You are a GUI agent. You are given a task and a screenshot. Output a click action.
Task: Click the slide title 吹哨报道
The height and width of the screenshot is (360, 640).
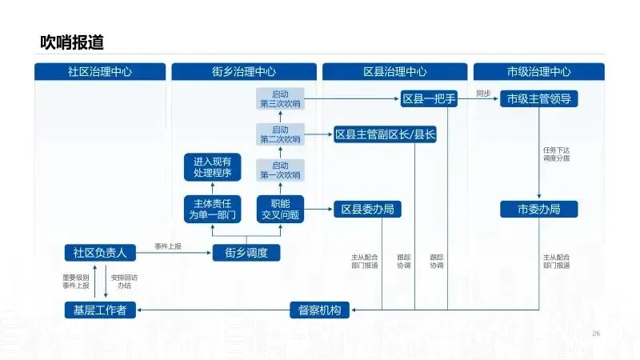tap(72, 42)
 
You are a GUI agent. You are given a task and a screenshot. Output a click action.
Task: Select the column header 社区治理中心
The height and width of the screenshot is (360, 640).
tap(100, 71)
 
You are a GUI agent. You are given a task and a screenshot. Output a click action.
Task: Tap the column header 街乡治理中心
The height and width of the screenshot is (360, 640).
tap(246, 71)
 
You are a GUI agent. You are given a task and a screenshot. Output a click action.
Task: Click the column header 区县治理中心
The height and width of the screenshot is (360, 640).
tap(394, 71)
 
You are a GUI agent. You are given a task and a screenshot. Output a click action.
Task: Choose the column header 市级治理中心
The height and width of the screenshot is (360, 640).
tap(538, 71)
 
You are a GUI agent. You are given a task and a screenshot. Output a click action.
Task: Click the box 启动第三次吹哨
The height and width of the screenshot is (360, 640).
tap(280, 99)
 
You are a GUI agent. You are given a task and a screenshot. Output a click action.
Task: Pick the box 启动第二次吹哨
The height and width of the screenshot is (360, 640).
tap(280, 134)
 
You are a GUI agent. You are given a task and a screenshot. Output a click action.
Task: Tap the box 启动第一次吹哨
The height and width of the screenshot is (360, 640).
tap(280, 170)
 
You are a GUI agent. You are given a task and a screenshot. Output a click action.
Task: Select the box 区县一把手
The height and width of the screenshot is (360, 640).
tap(429, 99)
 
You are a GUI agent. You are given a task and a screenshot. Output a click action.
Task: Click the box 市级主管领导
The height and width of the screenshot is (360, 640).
tap(538, 99)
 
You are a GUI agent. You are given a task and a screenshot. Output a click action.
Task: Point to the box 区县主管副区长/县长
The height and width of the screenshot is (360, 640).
tap(385, 134)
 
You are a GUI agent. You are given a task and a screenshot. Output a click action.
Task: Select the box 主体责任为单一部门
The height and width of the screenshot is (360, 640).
tap(212, 209)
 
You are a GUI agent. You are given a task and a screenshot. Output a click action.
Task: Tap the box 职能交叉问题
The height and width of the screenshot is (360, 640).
tap(280, 209)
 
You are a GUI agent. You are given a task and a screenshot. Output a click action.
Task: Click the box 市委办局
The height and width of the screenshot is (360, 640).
tap(538, 209)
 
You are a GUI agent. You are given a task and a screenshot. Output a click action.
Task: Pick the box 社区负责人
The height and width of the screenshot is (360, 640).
tap(100, 253)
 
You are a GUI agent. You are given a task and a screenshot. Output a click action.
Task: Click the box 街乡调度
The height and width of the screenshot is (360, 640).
tap(246, 253)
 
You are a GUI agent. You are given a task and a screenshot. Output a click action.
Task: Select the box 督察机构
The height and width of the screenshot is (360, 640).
tap(320, 310)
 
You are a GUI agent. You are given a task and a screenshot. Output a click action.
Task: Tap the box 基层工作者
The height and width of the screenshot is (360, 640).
tap(100, 310)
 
